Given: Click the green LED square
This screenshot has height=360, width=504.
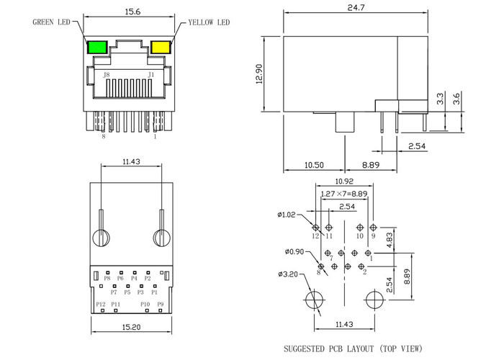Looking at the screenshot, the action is (97, 48).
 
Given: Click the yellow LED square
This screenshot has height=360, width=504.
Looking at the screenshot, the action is (161, 47).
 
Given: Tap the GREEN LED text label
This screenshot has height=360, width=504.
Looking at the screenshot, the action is (51, 22).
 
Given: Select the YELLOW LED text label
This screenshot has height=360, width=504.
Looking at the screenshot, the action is (209, 22).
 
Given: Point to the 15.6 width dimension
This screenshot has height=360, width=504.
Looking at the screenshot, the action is (132, 12).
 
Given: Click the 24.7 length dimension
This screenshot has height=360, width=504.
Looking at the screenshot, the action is (356, 7).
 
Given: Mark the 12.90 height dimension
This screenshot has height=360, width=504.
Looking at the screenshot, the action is (259, 74).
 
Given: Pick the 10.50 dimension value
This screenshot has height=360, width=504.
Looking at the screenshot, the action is (314, 165).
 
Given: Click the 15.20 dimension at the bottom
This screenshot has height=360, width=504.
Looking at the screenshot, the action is (131, 327).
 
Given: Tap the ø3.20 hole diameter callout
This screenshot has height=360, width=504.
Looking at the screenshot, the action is (288, 274).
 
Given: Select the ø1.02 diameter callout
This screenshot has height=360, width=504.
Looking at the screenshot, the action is (286, 215).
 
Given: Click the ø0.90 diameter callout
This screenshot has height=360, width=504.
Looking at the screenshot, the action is (294, 252).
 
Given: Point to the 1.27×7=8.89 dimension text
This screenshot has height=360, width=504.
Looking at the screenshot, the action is (344, 194).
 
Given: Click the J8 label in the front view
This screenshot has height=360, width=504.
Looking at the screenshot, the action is (106, 75).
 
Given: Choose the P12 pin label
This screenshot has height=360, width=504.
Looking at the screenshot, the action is (101, 304).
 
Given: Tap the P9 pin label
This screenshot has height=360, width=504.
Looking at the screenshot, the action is (160, 304).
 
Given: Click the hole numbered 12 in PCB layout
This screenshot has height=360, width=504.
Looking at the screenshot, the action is (315, 228).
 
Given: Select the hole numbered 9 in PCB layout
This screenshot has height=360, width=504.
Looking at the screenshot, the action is (373, 228).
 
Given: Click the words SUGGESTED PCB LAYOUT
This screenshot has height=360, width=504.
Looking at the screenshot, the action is (329, 348).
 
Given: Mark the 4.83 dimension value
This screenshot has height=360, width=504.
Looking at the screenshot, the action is (389, 240).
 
